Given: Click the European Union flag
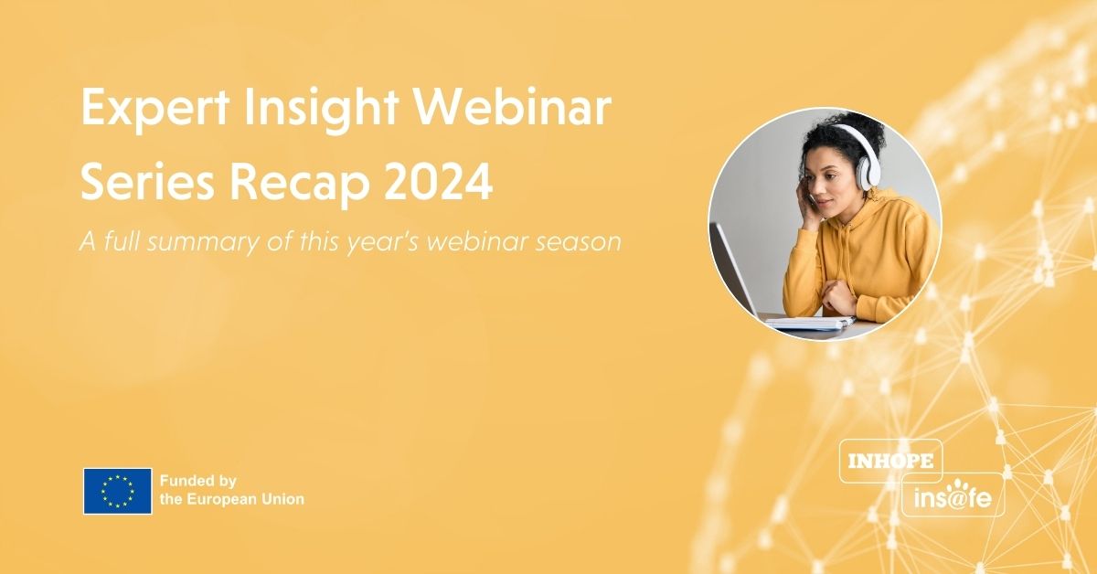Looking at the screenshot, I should (x=117, y=491).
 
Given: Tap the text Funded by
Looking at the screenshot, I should (x=198, y=481).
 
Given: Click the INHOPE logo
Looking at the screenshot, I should (x=890, y=461).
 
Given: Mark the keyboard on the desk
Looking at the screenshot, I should (x=809, y=322).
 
